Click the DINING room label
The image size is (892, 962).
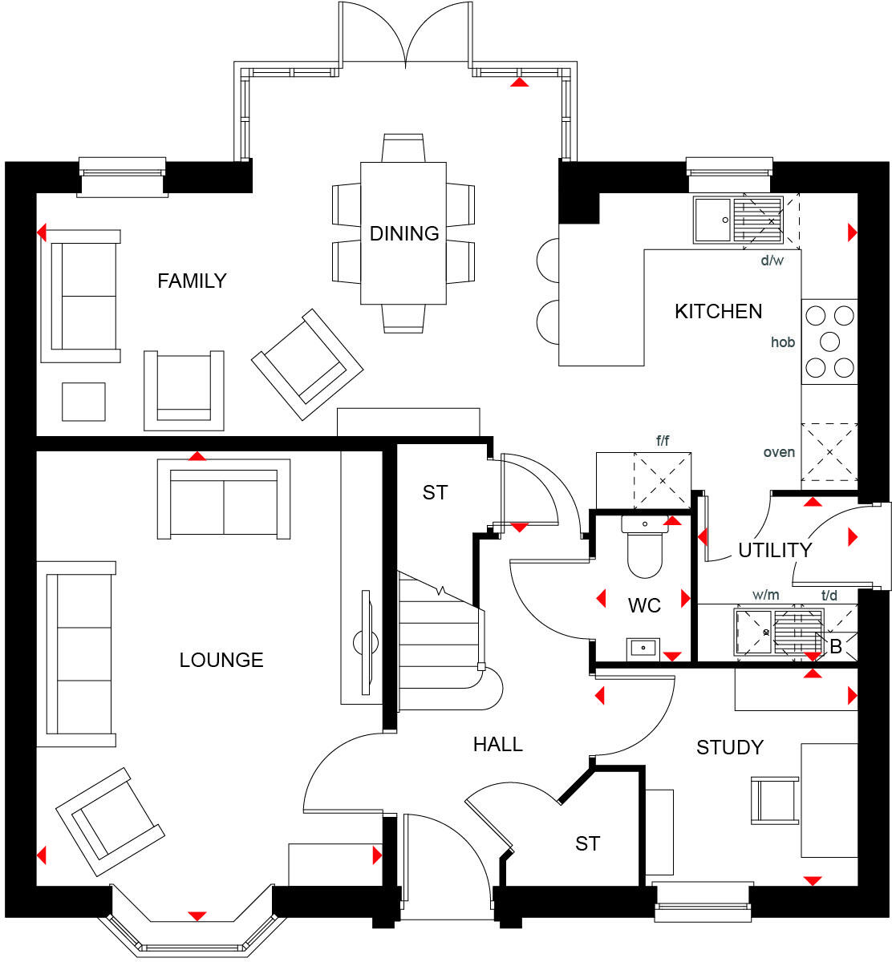(404, 233)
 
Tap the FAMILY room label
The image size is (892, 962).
(192, 281)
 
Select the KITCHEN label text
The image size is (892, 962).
(718, 311)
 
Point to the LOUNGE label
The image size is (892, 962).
(221, 660)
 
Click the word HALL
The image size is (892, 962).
(497, 745)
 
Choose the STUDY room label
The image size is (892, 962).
(729, 747)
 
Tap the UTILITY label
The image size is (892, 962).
(775, 550)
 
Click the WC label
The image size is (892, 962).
(644, 605)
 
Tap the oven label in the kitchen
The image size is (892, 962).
(779, 452)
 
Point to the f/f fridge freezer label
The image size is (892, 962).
(663, 440)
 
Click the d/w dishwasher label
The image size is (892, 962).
(772, 261)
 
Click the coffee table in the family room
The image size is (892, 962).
(83, 402)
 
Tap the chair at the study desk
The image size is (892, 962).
(774, 800)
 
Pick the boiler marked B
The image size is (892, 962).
(836, 646)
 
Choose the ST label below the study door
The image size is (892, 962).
(587, 843)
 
